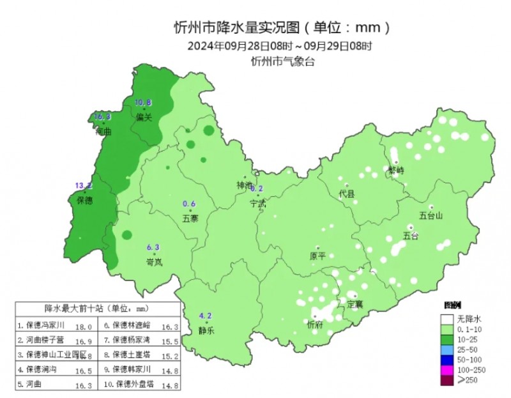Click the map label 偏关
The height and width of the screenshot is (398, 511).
144,118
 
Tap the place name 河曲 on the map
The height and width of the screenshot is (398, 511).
103,132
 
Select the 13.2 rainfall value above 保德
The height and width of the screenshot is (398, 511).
84,186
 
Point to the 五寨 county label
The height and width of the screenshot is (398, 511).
190,218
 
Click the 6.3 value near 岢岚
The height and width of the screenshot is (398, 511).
153,247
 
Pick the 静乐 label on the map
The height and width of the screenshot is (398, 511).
206,331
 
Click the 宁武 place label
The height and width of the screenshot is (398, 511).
257,203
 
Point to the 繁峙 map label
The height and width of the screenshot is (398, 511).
396,171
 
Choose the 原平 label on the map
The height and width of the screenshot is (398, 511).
317,256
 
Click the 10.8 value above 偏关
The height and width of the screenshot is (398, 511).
143,102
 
